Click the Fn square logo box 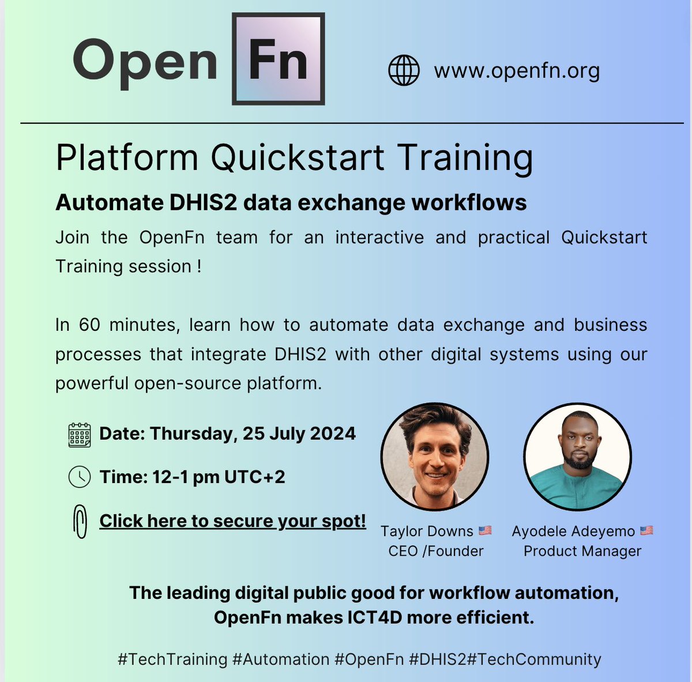point(279,59)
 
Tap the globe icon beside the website point(404,70)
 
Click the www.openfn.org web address point(517,71)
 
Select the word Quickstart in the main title point(298,157)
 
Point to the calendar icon point(80,434)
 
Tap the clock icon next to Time point(80,477)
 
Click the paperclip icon point(80,522)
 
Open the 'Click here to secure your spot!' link point(232,521)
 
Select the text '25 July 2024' point(299,434)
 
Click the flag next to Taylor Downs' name point(485,530)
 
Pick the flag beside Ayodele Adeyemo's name point(646,530)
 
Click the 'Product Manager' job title point(582,551)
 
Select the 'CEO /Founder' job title point(436,551)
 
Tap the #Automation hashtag point(281,659)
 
